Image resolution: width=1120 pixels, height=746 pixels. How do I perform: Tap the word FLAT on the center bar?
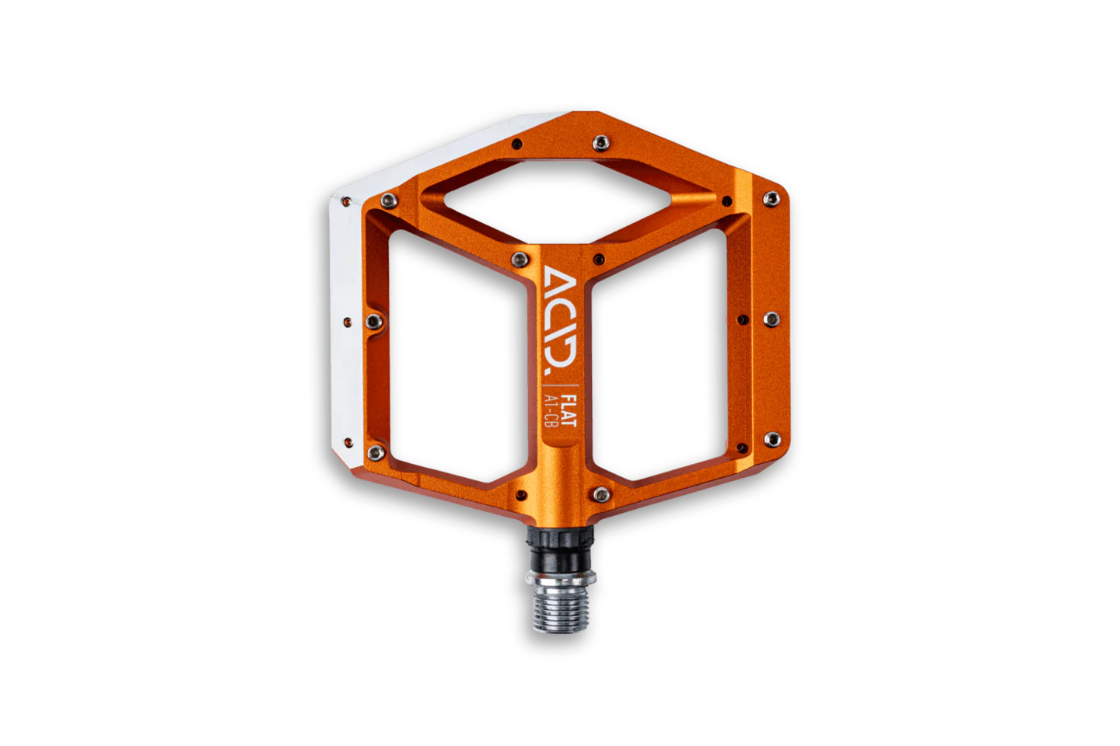pos(569,411)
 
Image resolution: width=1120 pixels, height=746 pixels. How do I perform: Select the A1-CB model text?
pos(551,411)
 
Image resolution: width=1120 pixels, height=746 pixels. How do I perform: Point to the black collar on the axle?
pos(560,549)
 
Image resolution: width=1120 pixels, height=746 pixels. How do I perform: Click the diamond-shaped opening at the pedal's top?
pos(558,201)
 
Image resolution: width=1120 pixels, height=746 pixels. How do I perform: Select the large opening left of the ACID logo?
pos(458,356)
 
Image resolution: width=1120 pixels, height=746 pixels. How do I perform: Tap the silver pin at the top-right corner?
pos(772,199)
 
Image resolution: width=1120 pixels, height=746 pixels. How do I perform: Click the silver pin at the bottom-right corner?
pos(772,440)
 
